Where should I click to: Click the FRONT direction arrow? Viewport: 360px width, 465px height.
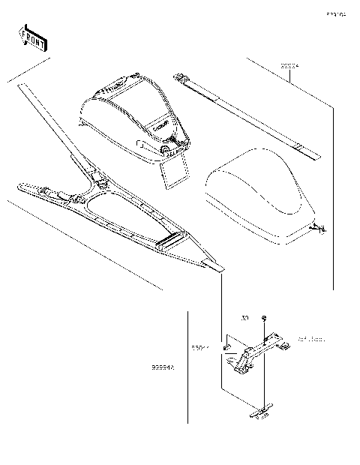pos(31,37)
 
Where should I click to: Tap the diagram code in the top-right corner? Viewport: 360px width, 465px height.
pos(335,13)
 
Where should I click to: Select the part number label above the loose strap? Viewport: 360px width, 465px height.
pos(289,67)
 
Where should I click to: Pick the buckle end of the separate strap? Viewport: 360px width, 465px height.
pos(181,78)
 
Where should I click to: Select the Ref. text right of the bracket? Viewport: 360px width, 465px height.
pos(311,340)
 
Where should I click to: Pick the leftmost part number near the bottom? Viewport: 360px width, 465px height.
pos(163,368)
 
